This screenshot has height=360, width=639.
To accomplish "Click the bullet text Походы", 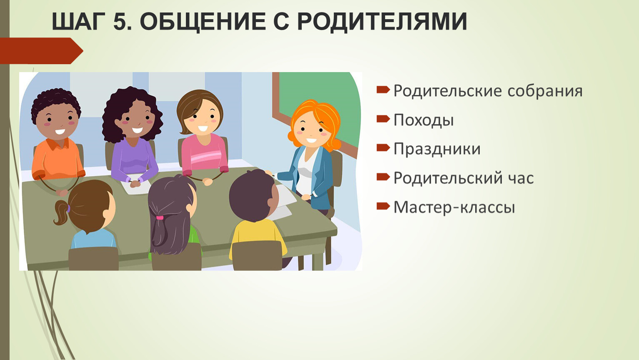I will tap(423, 120).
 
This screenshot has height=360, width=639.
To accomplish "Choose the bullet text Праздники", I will tap(437, 149).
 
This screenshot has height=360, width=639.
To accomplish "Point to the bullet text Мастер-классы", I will tap(454, 207).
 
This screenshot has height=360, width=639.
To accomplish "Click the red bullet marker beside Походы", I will tap(383, 119).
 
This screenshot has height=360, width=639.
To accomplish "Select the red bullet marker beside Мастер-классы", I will tap(383, 206).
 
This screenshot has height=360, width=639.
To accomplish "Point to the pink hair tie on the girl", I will tap(160, 217).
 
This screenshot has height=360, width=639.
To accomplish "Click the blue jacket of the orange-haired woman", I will tap(321, 175).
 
